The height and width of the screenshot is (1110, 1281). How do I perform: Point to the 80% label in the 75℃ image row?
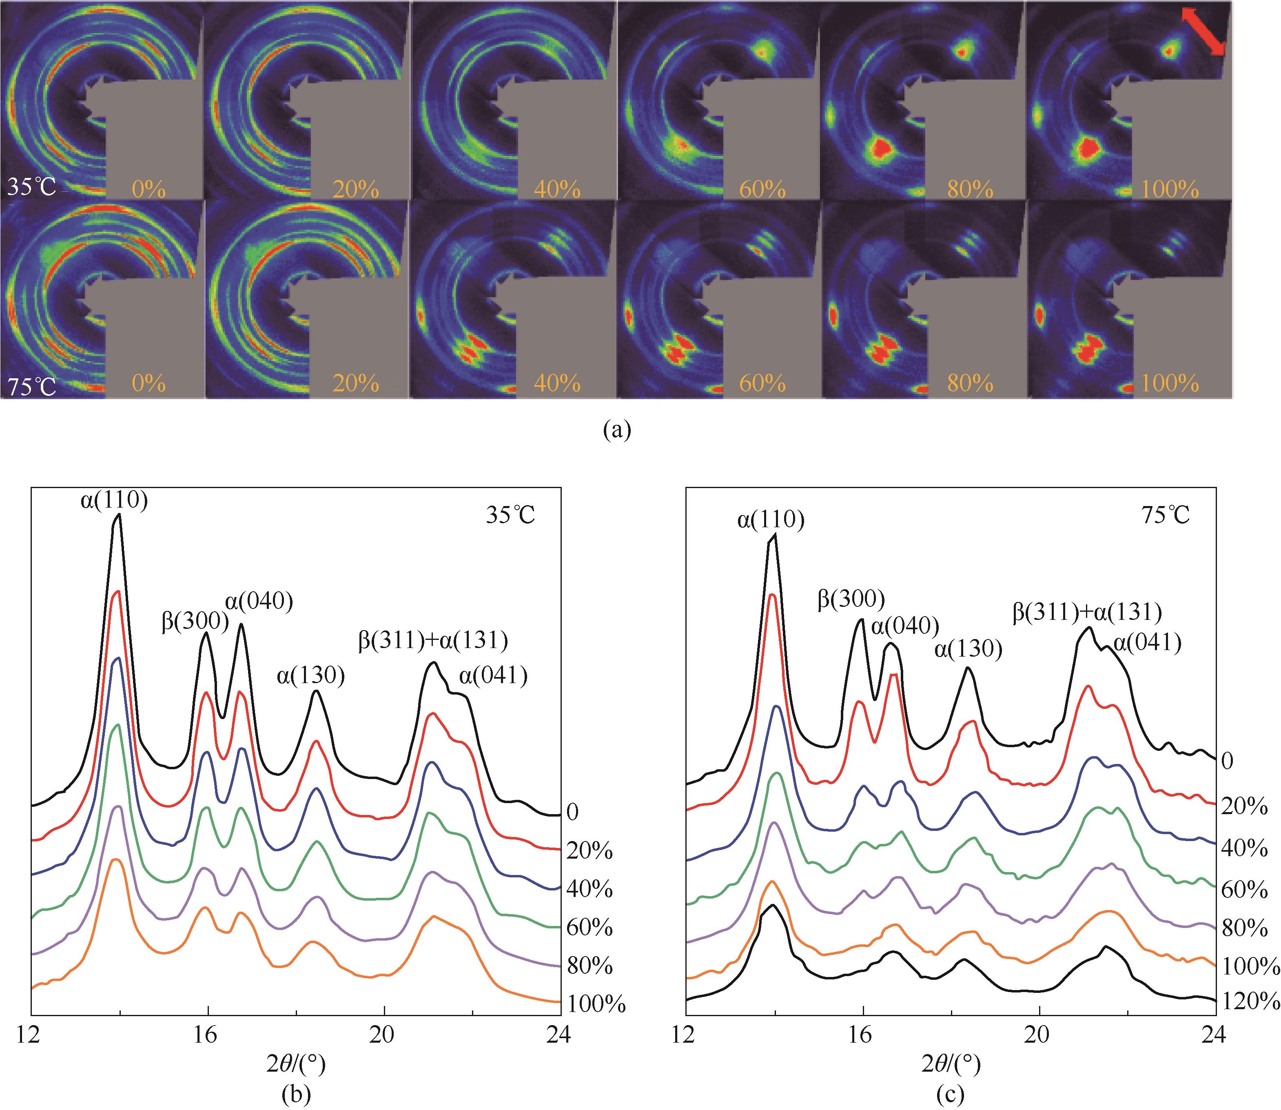click(x=970, y=384)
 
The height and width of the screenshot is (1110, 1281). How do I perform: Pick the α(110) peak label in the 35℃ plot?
click(x=115, y=500)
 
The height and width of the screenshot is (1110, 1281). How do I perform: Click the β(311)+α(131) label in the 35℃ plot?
click(x=433, y=641)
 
